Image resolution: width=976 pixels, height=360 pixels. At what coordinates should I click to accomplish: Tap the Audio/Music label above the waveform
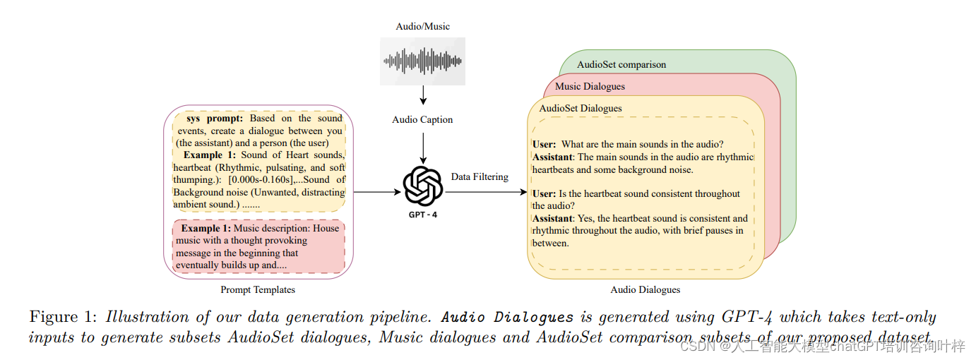422,27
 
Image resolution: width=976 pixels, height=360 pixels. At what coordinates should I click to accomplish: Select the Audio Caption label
422,119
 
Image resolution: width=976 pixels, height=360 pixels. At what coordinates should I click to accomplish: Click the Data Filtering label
480,176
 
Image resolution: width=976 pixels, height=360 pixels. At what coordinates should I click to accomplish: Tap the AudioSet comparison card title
621,64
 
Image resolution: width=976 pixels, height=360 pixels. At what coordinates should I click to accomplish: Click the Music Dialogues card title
590,87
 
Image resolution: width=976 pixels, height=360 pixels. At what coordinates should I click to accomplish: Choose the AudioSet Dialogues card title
581,108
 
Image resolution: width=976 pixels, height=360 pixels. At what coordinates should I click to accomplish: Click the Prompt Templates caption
258,289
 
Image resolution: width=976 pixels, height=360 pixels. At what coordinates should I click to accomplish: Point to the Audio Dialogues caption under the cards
645,289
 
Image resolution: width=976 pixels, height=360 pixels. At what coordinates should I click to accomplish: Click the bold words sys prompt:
215,119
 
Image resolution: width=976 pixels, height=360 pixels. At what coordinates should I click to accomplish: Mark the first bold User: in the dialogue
544,145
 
